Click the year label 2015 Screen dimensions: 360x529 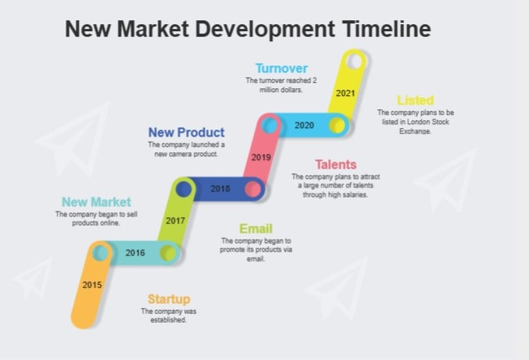point(92,284)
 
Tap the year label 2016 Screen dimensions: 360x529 point(135,252)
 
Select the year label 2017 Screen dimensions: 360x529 point(175,220)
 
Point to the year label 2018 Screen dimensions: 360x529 point(220,188)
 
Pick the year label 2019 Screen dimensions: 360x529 point(261,157)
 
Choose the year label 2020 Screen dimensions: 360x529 point(304,125)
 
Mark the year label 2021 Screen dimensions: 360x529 point(345,92)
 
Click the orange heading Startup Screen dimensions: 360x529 point(169,299)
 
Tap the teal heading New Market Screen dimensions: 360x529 point(96,202)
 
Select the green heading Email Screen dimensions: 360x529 point(256,228)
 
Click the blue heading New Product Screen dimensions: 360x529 point(187,133)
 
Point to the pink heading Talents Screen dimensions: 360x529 point(335,164)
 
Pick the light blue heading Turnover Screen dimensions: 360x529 point(281,68)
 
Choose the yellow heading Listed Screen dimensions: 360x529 point(415,100)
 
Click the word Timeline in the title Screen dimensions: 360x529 point(386,30)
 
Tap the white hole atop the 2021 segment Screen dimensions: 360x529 point(355,60)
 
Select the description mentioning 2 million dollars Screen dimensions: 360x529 point(281,85)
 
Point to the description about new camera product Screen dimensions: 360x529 point(187,149)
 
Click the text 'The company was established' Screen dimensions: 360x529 point(169,315)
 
